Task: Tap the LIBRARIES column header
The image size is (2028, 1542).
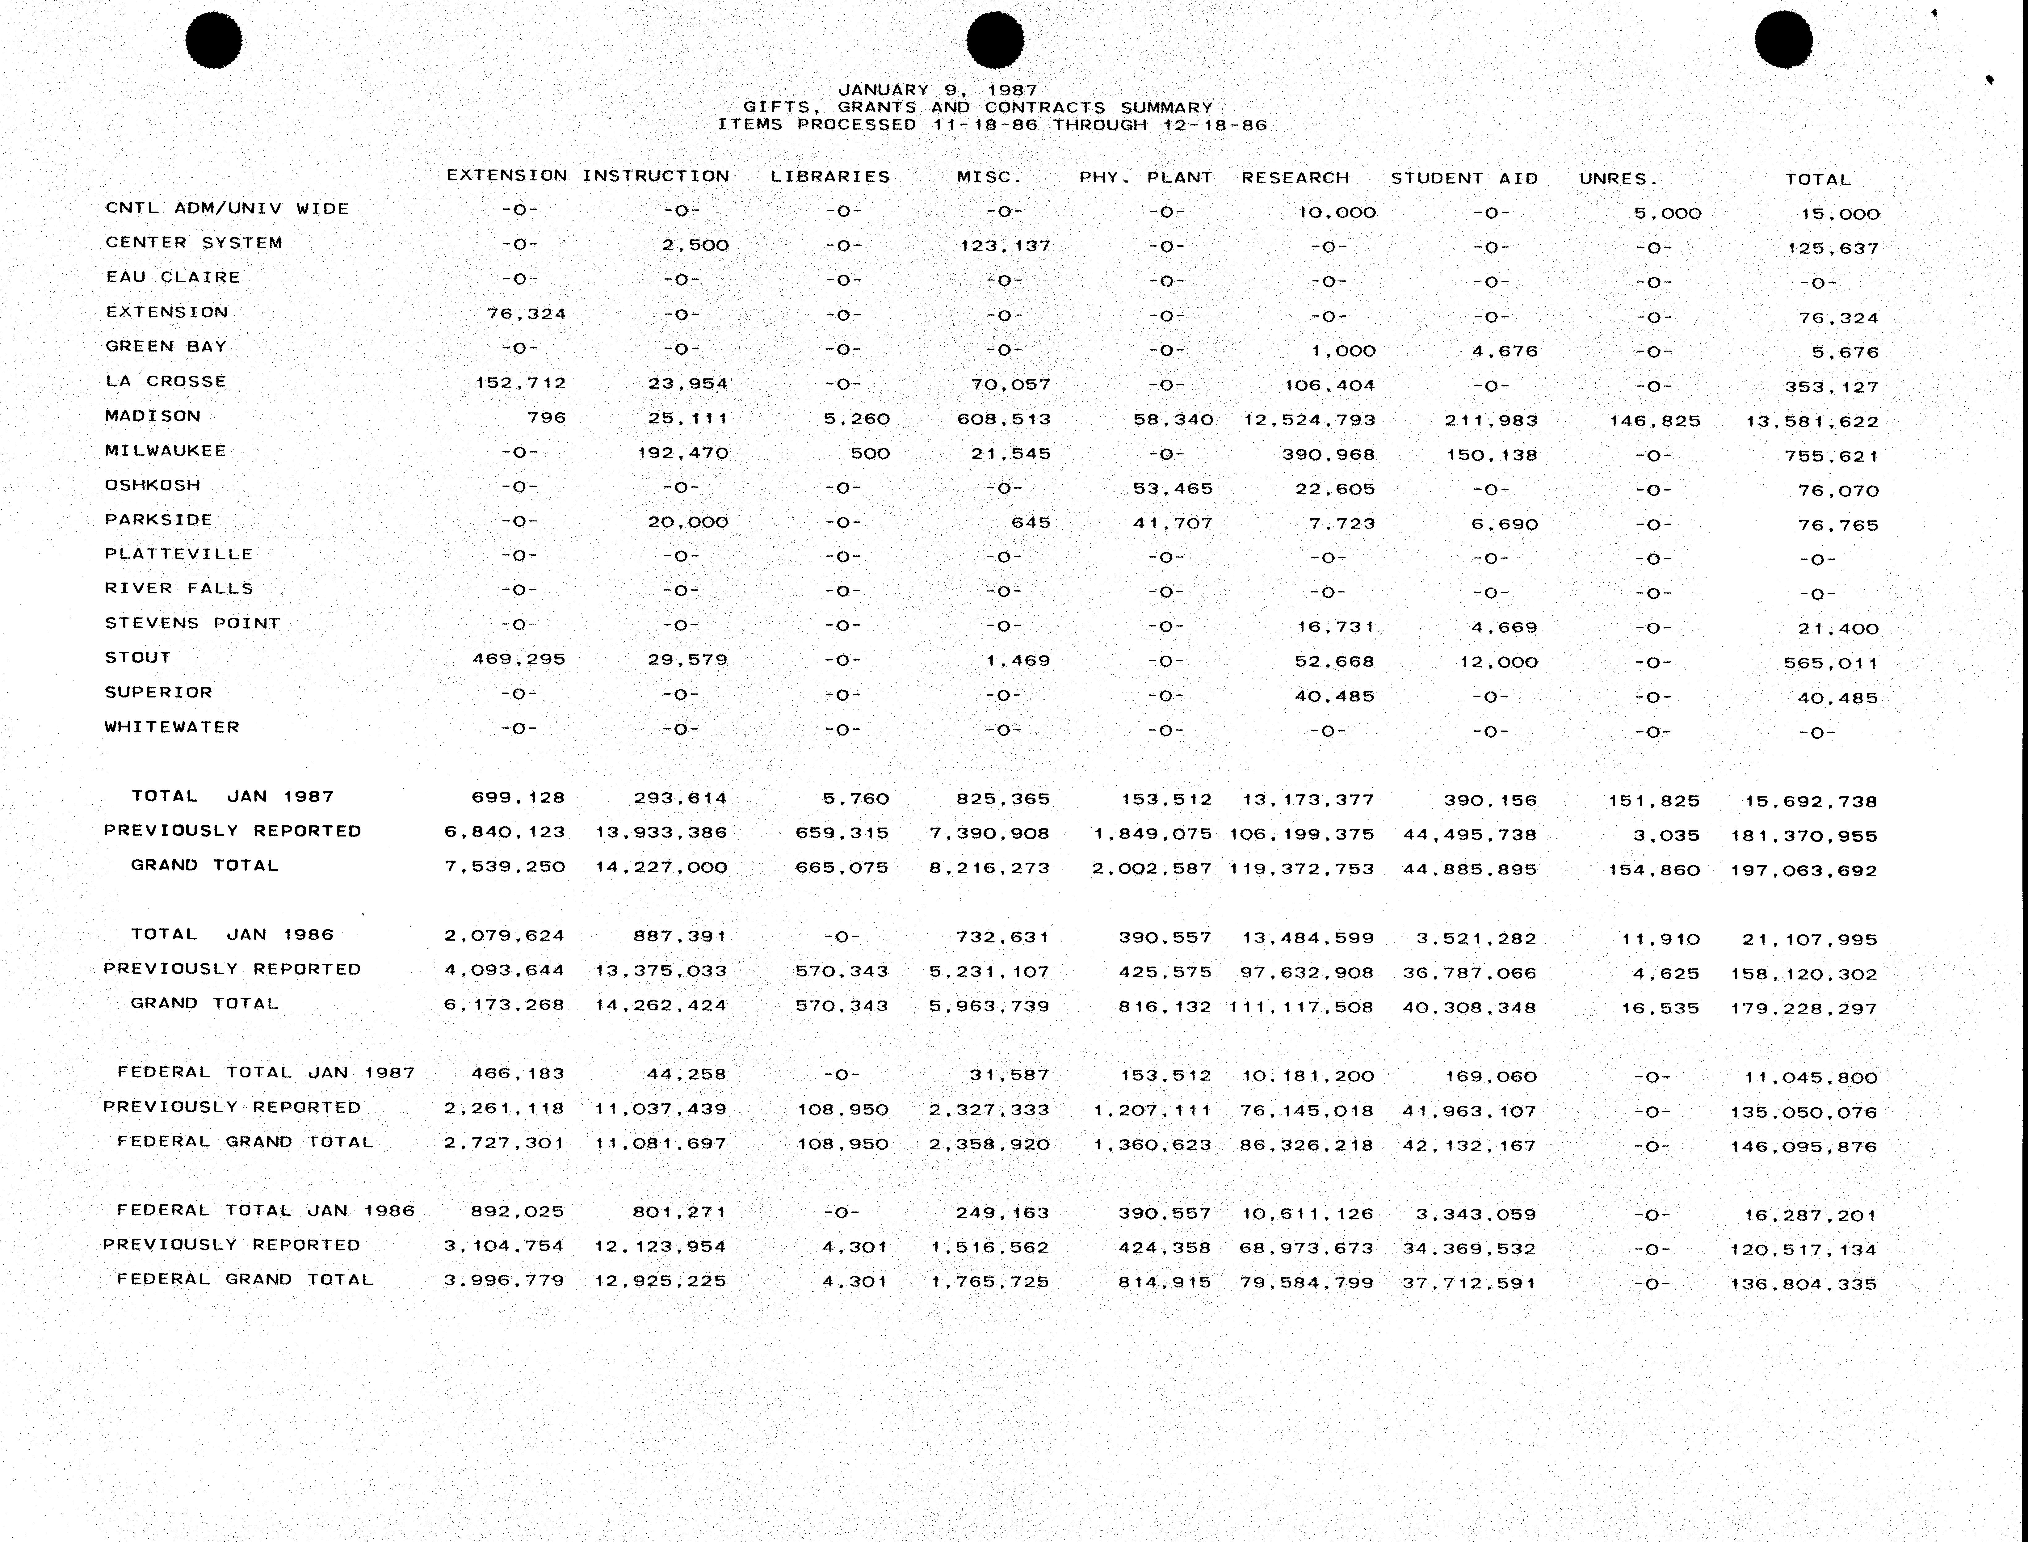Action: tap(829, 176)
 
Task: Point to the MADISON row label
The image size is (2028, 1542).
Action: tap(152, 416)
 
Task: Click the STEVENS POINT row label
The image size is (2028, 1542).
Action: tap(192, 623)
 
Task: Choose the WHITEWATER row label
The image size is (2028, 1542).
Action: tap(172, 727)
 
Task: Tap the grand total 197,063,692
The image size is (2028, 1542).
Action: tap(1803, 870)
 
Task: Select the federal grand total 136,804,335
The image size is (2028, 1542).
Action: tap(1803, 1284)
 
